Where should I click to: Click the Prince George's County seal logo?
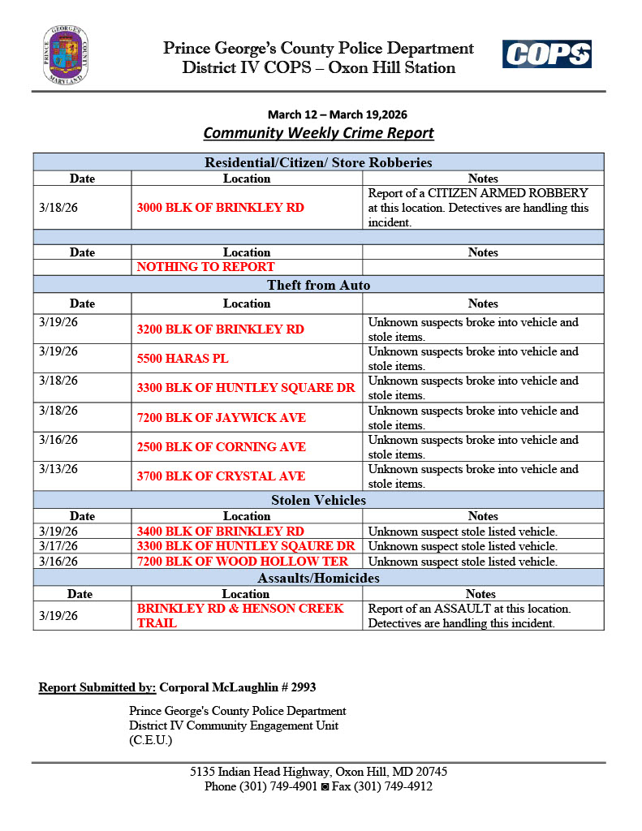tap(66, 55)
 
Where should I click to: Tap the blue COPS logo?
tap(546, 54)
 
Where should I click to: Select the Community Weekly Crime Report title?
tap(318, 133)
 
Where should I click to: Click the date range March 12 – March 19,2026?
tap(318, 114)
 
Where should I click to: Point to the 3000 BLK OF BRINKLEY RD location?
tap(221, 208)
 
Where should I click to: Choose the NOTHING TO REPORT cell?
tap(206, 267)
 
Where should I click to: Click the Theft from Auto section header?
tap(318, 285)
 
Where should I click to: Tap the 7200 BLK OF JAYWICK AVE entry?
tap(222, 417)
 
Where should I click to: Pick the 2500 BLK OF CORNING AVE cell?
tap(222, 447)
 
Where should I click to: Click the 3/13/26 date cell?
tap(58, 469)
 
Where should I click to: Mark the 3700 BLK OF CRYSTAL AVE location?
tap(221, 476)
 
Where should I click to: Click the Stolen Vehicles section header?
tap(318, 500)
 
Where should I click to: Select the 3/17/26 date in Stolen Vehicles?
tap(58, 546)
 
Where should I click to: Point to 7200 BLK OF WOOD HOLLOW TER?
tap(243, 562)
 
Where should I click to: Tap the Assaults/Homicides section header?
tap(318, 579)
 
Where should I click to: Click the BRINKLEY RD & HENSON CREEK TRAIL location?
tap(240, 616)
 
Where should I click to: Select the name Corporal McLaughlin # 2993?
tap(237, 687)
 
